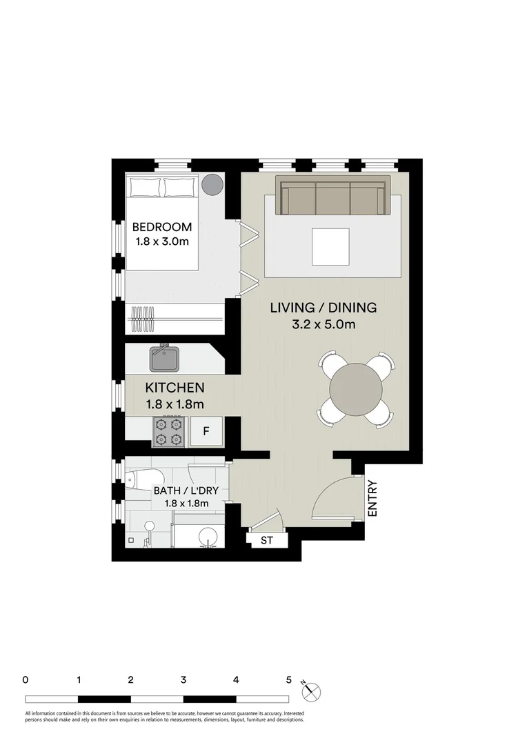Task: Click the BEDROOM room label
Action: (x=161, y=227)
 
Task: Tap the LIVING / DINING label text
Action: (x=323, y=308)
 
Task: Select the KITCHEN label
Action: (x=174, y=388)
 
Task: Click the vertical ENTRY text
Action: (x=372, y=498)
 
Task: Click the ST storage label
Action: (x=266, y=541)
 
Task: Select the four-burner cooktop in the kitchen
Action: (x=170, y=430)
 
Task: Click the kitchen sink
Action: (x=165, y=359)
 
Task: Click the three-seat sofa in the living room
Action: (x=332, y=197)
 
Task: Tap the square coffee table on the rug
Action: (x=332, y=246)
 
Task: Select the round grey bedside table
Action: (x=212, y=183)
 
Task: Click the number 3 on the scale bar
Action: (x=183, y=679)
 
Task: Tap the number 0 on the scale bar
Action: (x=26, y=679)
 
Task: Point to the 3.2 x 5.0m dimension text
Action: (x=323, y=325)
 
